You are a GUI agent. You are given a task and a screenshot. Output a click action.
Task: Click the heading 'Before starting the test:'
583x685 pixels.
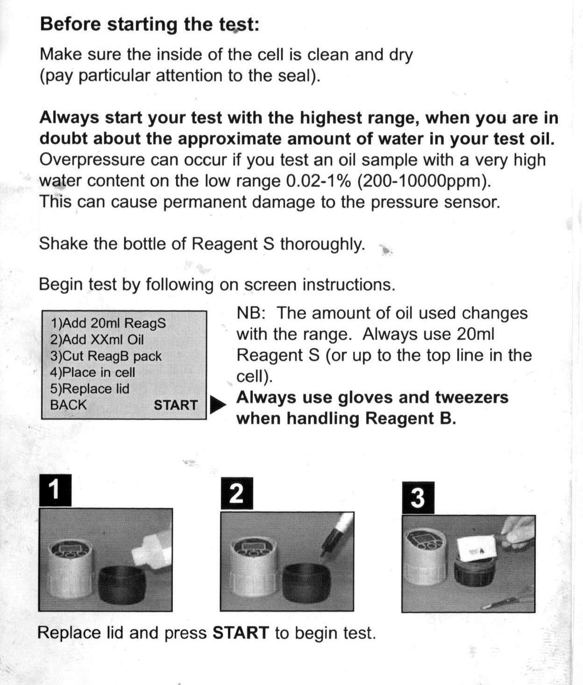click(149, 24)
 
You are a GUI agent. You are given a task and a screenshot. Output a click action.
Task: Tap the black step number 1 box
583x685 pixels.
click(55, 490)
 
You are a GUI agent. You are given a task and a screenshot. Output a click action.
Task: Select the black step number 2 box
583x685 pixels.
click(236, 493)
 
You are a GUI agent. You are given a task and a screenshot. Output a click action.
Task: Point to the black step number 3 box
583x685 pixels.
click(418, 498)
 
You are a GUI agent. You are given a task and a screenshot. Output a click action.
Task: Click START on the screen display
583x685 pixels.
click(176, 405)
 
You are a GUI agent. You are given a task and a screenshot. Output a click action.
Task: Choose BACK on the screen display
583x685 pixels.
click(68, 405)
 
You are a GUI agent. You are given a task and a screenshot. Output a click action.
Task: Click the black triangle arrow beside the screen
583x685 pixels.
click(217, 405)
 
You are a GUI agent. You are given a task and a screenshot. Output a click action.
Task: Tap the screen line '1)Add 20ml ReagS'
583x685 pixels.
click(108, 323)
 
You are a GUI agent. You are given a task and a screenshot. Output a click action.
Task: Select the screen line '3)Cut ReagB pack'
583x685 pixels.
click(106, 356)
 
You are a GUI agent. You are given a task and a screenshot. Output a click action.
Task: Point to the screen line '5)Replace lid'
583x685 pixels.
click(90, 389)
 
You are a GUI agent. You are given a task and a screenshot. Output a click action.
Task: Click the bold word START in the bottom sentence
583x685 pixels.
click(241, 633)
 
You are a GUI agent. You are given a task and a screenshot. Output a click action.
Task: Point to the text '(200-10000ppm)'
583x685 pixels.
click(424, 181)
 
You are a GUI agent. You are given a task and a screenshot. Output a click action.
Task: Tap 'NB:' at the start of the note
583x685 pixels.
click(251, 313)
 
